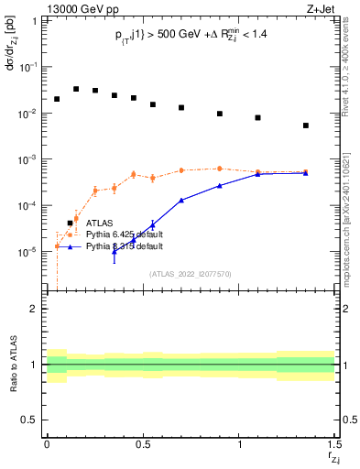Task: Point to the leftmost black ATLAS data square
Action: [57, 99]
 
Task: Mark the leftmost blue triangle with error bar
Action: [115, 251]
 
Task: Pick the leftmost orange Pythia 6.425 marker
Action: [57, 245]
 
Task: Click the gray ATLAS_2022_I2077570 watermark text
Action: [190, 273]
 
